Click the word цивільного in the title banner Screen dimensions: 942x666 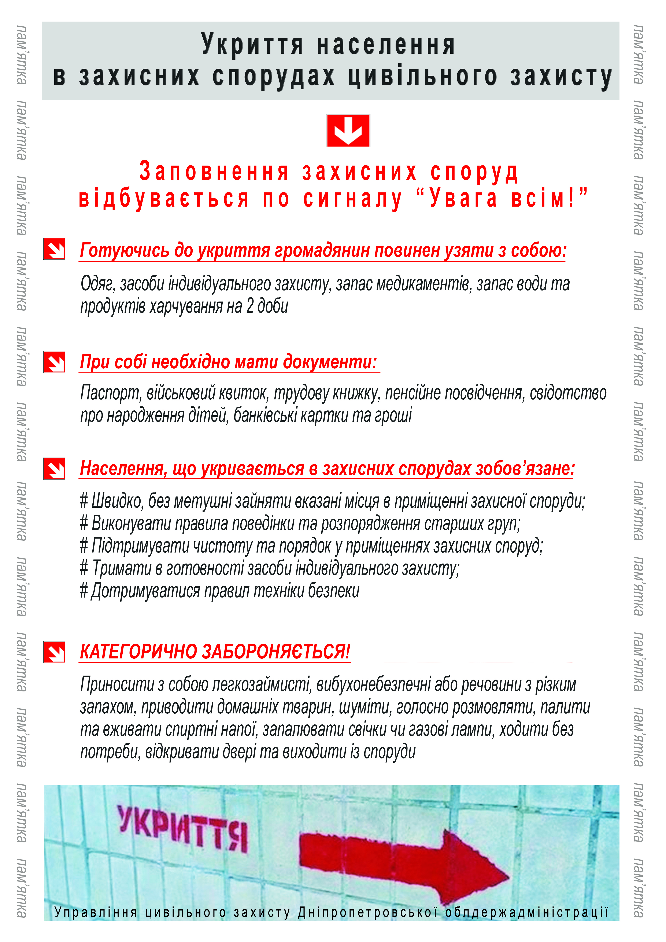pos(423,77)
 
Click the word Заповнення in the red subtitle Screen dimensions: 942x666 pos(214,171)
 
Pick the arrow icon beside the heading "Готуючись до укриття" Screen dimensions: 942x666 pos(54,249)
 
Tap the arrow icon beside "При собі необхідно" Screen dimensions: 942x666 pos(54,362)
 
